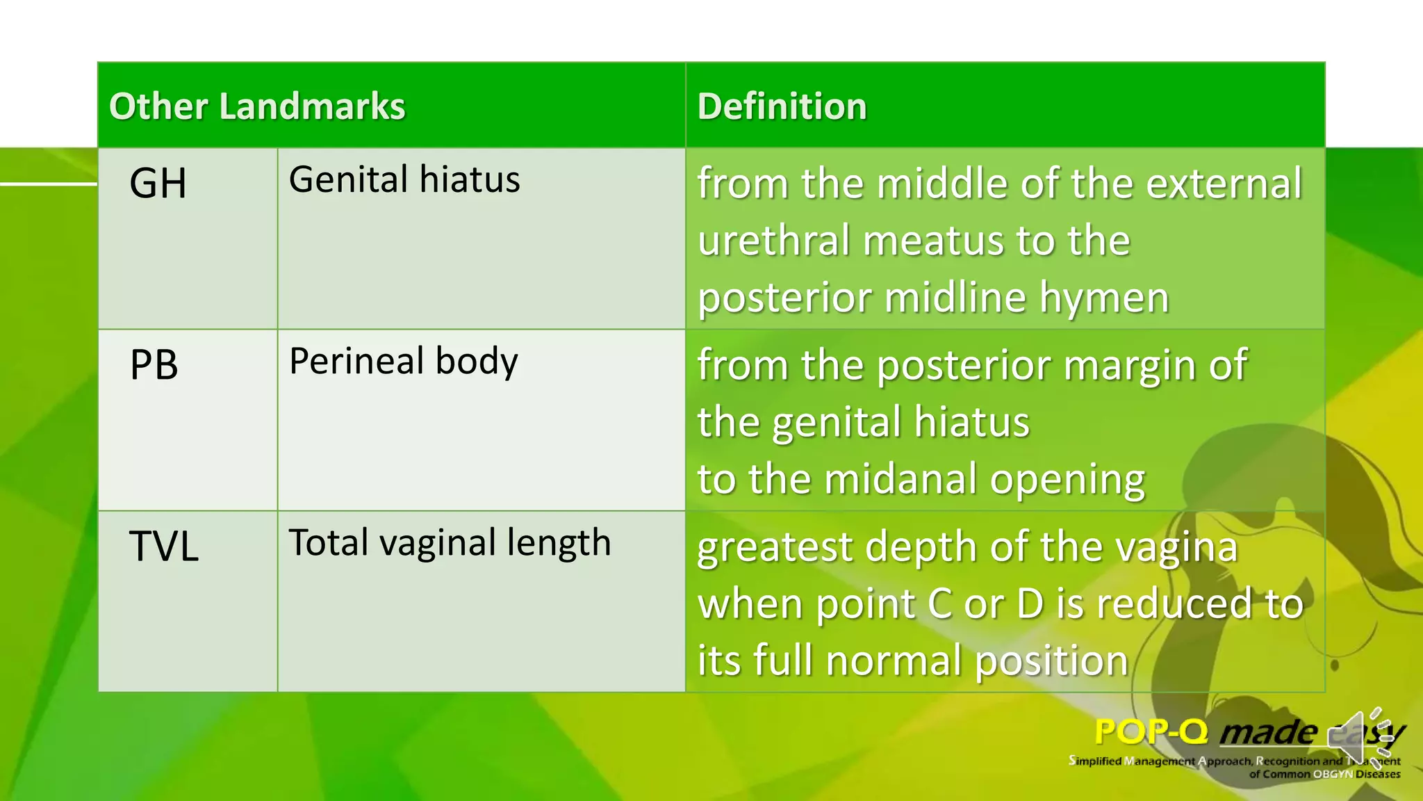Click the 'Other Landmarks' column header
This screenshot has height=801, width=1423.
[x=257, y=106]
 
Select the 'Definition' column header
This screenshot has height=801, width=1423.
[x=782, y=106]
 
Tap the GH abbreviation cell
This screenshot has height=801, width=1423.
[x=158, y=184]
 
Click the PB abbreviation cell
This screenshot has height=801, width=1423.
[x=154, y=365]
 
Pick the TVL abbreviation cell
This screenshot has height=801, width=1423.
[x=164, y=547]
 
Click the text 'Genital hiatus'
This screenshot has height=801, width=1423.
[x=404, y=179]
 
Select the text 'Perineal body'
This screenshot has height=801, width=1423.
[x=404, y=361]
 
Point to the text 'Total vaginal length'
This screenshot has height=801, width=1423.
[x=450, y=542]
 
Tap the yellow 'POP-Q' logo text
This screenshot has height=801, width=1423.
[x=1151, y=732]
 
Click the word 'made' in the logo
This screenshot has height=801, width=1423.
[x=1268, y=732]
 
